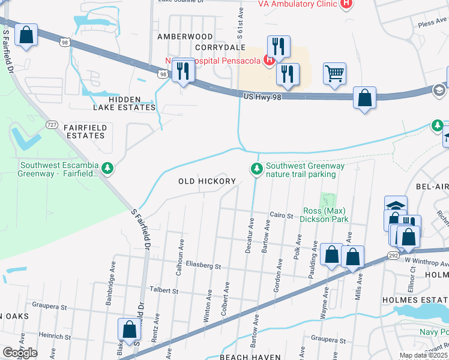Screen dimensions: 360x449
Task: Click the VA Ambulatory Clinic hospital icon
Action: [x=346, y=4]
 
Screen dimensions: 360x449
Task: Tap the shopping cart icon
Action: [x=334, y=74]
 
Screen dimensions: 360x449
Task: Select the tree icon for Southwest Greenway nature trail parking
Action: [x=257, y=170]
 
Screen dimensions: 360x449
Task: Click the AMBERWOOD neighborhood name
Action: [x=185, y=37]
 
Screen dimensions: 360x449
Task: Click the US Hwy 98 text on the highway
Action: [x=262, y=96]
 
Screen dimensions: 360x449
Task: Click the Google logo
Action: [x=20, y=353]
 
